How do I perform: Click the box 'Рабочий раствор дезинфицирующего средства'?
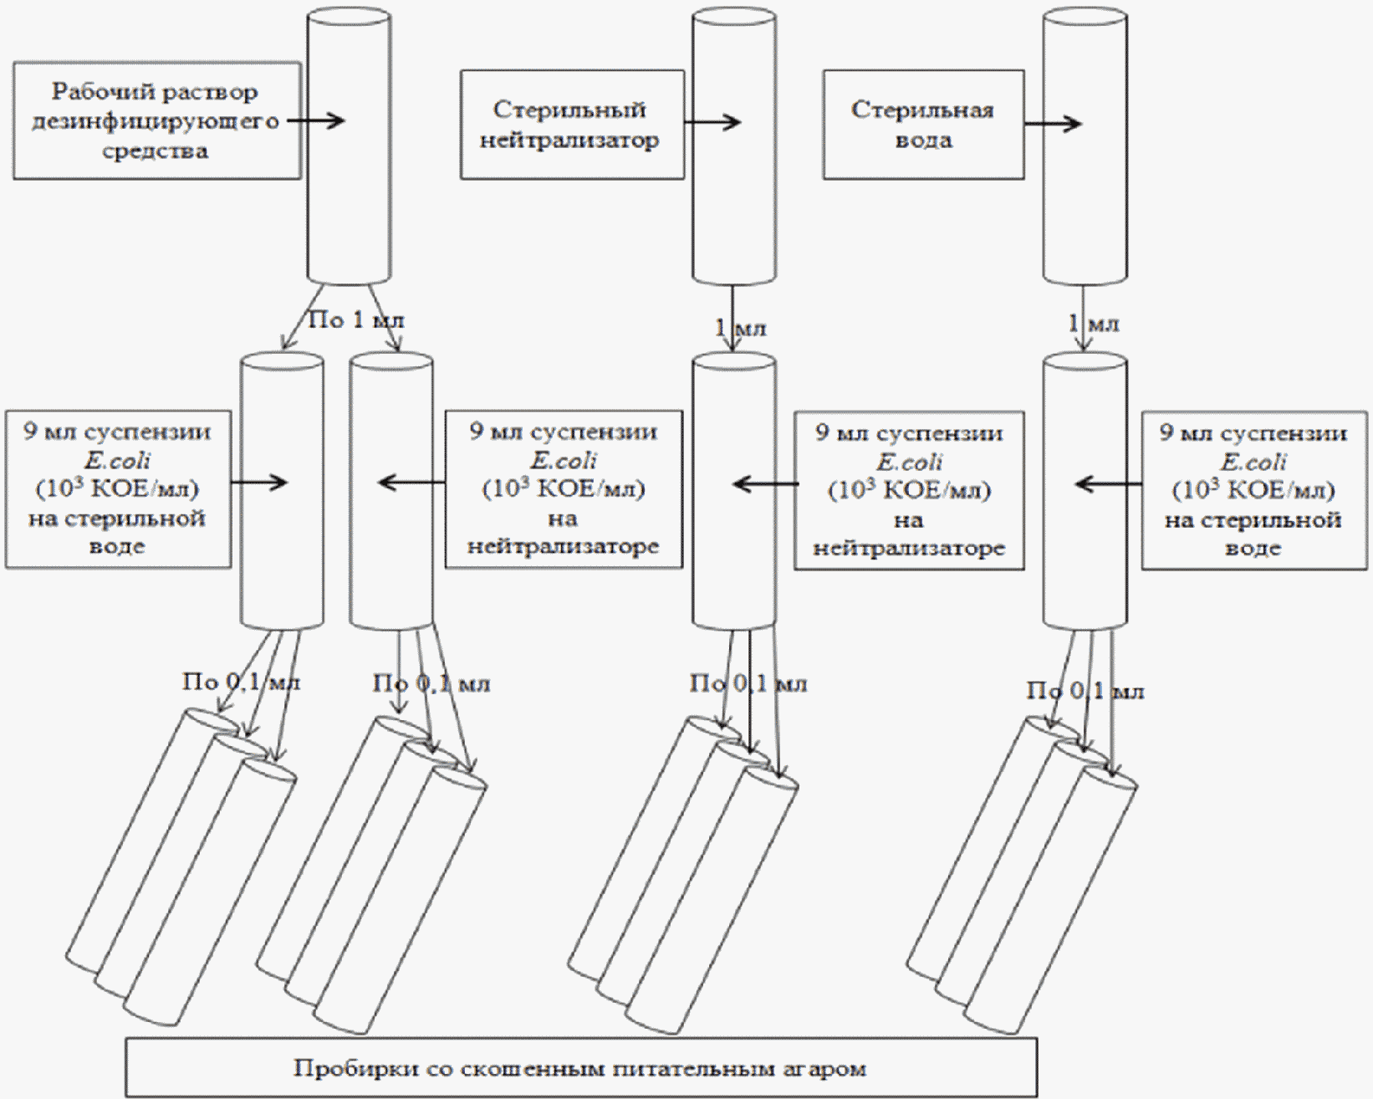click(x=156, y=120)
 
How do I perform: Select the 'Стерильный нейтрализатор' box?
click(x=572, y=124)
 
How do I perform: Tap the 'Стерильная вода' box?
click(x=923, y=125)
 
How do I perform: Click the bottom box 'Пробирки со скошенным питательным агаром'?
click(x=581, y=1068)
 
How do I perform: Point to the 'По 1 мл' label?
click(x=356, y=319)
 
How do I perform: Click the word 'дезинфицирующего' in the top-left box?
click(x=156, y=121)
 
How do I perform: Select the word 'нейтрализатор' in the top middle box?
click(x=569, y=140)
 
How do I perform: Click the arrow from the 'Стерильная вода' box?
click(x=1053, y=125)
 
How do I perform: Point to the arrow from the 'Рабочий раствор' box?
click(x=316, y=120)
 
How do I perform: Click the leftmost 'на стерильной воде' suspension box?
click(x=118, y=489)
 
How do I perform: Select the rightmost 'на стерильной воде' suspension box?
click(x=1254, y=490)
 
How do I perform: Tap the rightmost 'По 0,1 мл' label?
click(x=1085, y=691)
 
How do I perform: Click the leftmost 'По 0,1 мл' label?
click(x=241, y=682)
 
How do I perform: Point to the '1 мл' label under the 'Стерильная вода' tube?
click(x=1094, y=323)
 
